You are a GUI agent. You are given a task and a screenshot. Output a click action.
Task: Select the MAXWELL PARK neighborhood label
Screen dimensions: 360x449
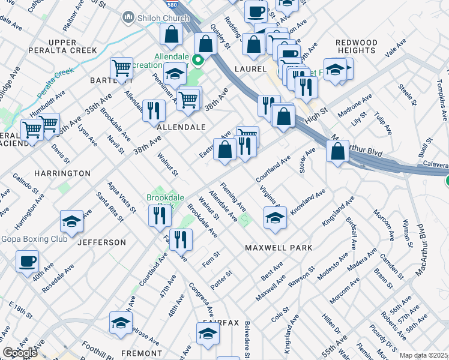click(x=279, y=247)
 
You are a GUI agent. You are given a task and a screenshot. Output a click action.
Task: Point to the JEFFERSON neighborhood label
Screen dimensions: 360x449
click(x=101, y=242)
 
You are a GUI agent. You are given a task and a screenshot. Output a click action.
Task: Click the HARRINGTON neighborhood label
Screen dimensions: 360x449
click(x=62, y=173)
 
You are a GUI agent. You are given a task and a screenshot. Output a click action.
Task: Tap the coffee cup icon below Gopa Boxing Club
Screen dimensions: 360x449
click(x=28, y=262)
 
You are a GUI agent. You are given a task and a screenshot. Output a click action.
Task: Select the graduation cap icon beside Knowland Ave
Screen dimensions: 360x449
click(x=275, y=217)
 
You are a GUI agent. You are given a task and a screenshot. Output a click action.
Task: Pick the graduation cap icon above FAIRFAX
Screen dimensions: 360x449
click(x=208, y=333)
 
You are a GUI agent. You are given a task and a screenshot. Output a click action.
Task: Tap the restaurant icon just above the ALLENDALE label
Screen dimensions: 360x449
click(x=154, y=110)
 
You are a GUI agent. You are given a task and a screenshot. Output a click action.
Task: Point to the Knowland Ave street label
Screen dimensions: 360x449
click(x=307, y=202)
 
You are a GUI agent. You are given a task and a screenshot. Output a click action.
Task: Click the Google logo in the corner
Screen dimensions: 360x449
click(x=20, y=353)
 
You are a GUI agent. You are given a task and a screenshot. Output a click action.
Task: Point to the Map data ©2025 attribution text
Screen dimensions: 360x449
click(x=424, y=355)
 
